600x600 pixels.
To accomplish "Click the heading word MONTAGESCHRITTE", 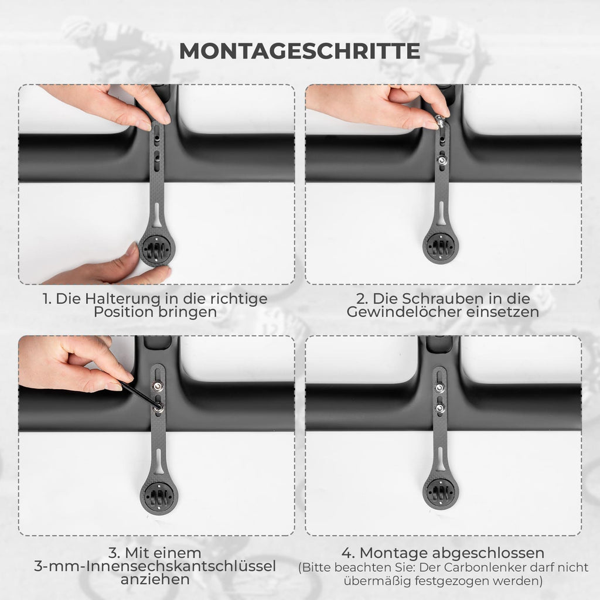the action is [299, 51].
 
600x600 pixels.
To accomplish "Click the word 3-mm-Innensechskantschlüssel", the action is [155, 566].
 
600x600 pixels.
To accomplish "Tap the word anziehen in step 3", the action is [155, 579].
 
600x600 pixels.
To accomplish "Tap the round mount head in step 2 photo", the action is [440, 246].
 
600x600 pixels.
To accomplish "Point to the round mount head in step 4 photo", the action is [441, 492].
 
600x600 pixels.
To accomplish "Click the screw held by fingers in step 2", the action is [441, 122].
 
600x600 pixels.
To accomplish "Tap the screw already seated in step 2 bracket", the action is [442, 161].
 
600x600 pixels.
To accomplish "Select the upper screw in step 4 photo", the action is [439, 388].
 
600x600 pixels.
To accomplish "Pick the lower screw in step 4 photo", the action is [440, 408].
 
